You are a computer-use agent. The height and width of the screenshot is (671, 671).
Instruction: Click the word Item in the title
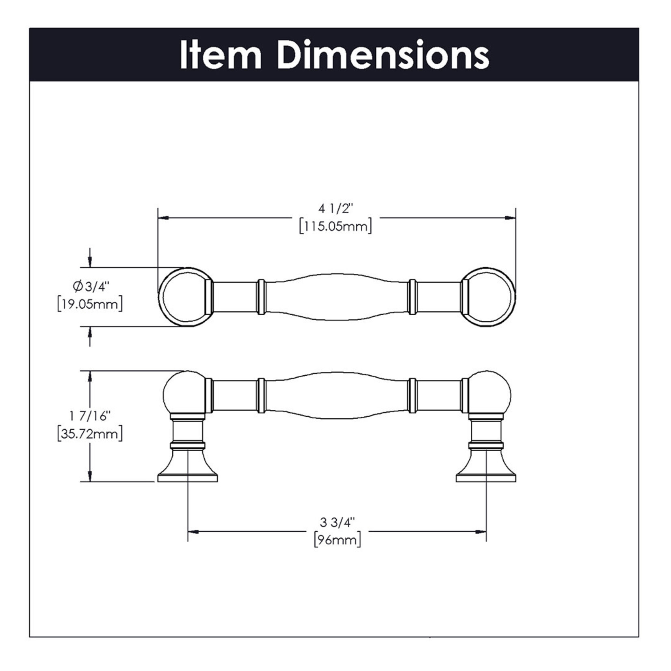click(x=221, y=55)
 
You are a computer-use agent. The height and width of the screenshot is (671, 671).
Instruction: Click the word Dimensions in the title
click(x=384, y=55)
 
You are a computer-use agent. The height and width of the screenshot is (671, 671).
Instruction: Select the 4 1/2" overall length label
click(x=335, y=209)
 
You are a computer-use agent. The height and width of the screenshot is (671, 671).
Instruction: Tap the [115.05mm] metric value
click(x=335, y=226)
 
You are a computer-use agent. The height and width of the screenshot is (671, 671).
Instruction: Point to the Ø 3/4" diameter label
click(x=91, y=287)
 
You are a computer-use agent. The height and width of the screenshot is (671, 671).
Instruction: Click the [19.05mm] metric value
click(x=90, y=304)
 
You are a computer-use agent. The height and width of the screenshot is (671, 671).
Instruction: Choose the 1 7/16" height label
click(x=90, y=416)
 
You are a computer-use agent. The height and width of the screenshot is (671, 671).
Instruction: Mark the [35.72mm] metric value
click(x=90, y=434)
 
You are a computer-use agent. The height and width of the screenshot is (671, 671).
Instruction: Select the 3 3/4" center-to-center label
click(x=337, y=522)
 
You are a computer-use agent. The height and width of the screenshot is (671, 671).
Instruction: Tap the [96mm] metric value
click(x=337, y=540)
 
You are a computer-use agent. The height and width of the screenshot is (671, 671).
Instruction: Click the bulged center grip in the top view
click(x=337, y=297)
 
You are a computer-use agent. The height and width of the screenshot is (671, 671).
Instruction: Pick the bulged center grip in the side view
click(x=337, y=395)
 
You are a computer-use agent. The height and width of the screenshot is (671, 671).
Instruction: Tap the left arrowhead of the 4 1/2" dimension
click(x=163, y=218)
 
